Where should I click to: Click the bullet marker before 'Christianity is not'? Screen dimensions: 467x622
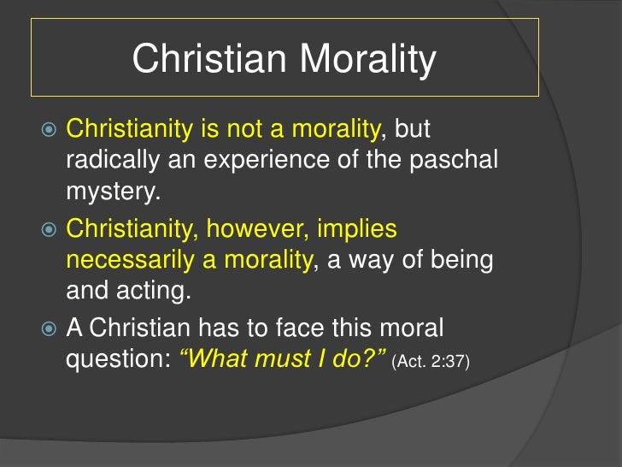pyautogui.click(x=49, y=131)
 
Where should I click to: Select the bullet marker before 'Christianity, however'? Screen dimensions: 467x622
pyautogui.click(x=49, y=230)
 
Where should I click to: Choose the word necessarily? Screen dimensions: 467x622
pyautogui.click(x=135, y=261)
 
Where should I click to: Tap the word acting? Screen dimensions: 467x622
pyautogui.click(x=155, y=292)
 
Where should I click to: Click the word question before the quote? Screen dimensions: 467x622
pyautogui.click(x=117, y=360)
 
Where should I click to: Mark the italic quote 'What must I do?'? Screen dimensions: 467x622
pyautogui.click(x=282, y=360)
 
